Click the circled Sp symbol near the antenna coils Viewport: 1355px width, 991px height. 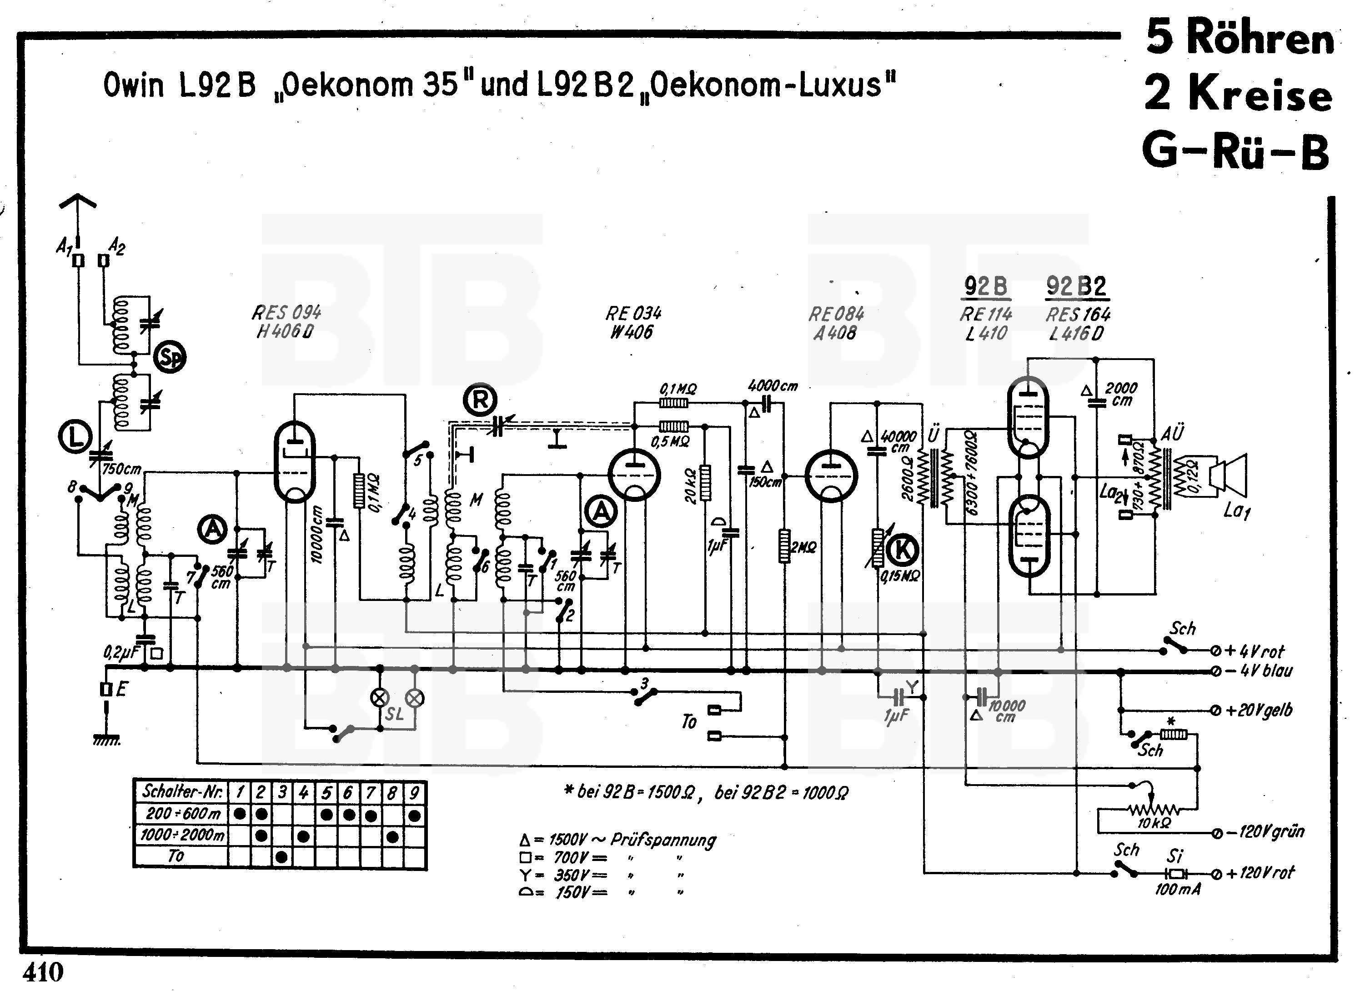pyautogui.click(x=170, y=357)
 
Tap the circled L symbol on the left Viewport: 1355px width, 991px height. pyautogui.click(x=75, y=437)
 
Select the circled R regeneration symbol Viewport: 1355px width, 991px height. pyautogui.click(x=480, y=400)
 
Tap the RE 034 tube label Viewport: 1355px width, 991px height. pyautogui.click(x=632, y=323)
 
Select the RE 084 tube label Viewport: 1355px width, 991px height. pyautogui.click(x=836, y=323)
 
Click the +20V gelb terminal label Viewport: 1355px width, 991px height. pyautogui.click(x=1259, y=710)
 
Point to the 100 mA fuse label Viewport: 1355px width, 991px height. pyautogui.click(x=1177, y=889)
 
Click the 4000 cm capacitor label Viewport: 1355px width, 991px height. pyautogui.click(x=773, y=386)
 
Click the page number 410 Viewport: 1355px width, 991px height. pyautogui.click(x=43, y=972)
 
